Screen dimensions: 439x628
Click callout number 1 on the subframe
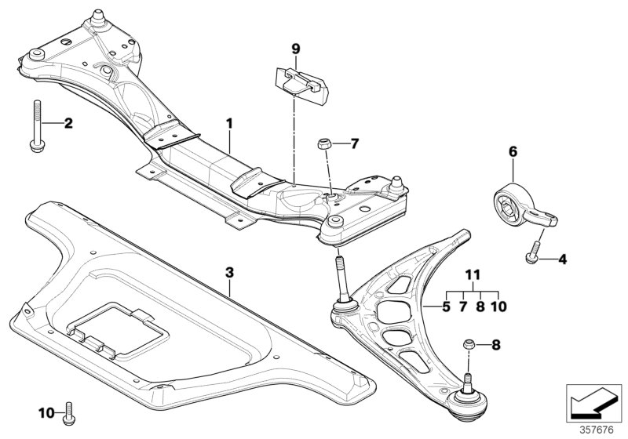[x=230, y=123]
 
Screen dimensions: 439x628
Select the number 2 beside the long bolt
[x=68, y=123]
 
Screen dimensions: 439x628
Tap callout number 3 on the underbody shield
[x=229, y=273]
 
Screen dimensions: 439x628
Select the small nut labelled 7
[x=324, y=144]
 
